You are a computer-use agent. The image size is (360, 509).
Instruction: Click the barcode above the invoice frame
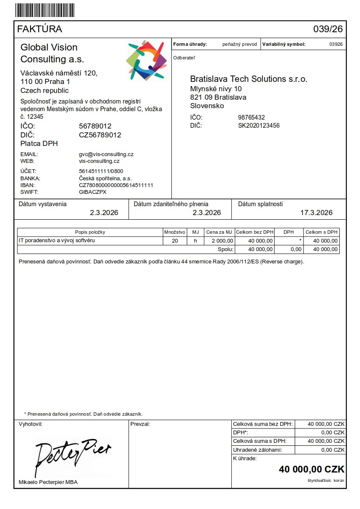click(x=44, y=10)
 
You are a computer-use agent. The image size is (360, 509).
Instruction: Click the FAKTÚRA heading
click(x=39, y=29)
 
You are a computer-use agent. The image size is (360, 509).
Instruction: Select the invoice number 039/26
click(x=328, y=29)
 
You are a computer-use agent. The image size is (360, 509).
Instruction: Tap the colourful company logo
click(x=146, y=61)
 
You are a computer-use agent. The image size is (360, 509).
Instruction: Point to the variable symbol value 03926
click(x=336, y=44)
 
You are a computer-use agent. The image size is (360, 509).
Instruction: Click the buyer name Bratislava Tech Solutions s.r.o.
click(x=248, y=79)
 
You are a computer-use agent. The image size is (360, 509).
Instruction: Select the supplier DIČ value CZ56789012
click(x=100, y=135)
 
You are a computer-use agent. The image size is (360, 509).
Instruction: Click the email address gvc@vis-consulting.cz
click(x=106, y=154)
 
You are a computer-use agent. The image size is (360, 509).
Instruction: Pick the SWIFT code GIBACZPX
click(x=93, y=192)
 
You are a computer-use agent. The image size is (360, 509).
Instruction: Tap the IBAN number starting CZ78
click(x=116, y=185)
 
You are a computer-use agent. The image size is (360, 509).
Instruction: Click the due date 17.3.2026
click(x=316, y=213)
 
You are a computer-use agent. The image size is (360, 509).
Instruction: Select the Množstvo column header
click(x=174, y=232)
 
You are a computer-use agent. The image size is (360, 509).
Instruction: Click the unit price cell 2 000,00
click(x=219, y=241)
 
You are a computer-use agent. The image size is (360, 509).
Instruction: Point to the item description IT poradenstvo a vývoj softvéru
click(x=56, y=241)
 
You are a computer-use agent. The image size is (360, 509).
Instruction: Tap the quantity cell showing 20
click(x=174, y=241)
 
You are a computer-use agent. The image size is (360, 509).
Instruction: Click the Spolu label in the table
click(x=225, y=249)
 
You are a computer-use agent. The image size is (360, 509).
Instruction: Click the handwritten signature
click(x=72, y=456)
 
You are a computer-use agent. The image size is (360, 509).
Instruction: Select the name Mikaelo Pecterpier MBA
click(x=48, y=482)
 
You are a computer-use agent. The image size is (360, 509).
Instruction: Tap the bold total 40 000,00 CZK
click(x=311, y=469)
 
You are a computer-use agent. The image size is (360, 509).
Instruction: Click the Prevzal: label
click(x=141, y=424)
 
